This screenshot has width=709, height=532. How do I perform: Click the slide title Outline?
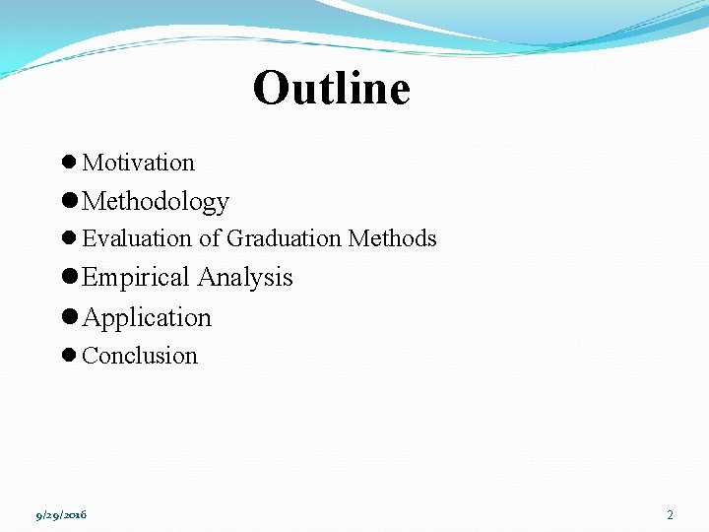tap(331, 89)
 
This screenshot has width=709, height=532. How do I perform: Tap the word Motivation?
tap(138, 163)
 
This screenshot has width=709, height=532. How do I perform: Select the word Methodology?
tap(156, 202)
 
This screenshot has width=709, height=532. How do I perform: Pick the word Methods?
tap(392, 238)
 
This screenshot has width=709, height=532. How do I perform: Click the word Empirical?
tap(137, 278)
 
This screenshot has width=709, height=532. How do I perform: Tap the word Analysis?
tap(245, 278)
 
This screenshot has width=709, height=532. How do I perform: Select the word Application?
tap(147, 317)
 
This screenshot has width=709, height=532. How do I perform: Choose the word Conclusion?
tap(140, 356)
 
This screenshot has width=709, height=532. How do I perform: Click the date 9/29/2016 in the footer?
tap(61, 514)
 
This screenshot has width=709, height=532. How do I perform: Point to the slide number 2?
tap(670, 514)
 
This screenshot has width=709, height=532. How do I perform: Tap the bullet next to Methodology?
tap(70, 202)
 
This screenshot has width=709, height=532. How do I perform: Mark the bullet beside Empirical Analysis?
tap(70, 278)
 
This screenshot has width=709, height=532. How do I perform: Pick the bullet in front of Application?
tap(70, 317)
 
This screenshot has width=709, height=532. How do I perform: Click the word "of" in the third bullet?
tap(210, 238)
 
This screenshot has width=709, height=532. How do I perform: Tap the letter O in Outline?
tap(271, 90)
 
